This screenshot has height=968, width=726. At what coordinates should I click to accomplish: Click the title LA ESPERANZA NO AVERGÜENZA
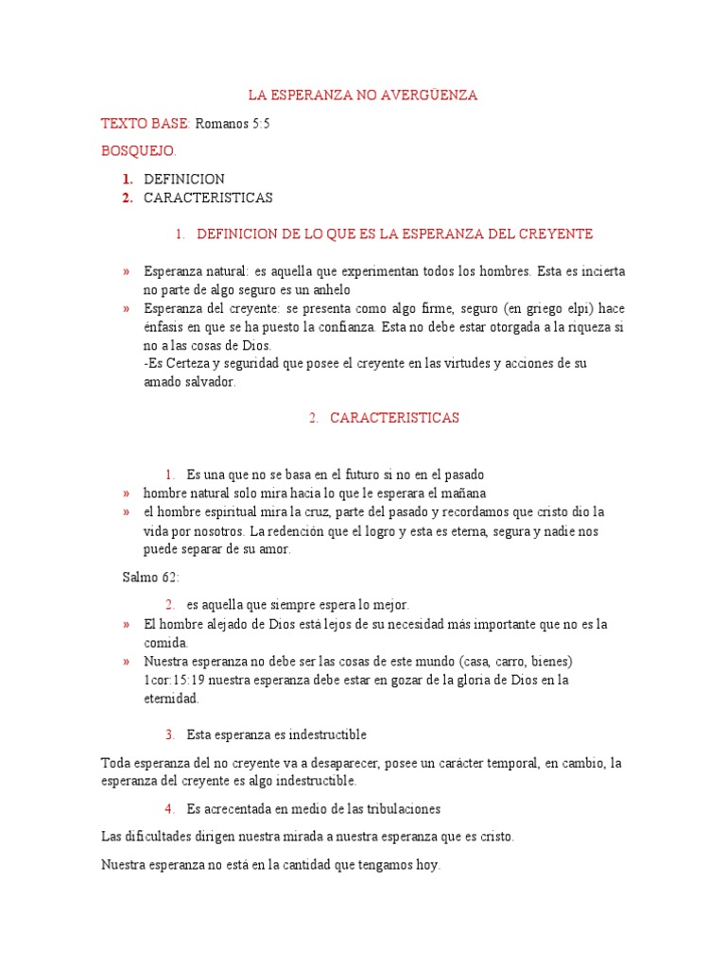pyautogui.click(x=363, y=95)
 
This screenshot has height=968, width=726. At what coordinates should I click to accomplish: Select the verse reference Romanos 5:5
pyautogui.click(x=233, y=123)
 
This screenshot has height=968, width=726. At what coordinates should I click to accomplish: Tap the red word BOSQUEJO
pyautogui.click(x=139, y=150)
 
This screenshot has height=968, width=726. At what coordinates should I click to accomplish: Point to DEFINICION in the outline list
pyautogui.click(x=184, y=179)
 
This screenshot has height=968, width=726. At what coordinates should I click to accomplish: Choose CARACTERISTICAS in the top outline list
pyautogui.click(x=208, y=198)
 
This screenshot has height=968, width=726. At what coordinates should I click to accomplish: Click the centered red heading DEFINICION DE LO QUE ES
pyautogui.click(x=394, y=233)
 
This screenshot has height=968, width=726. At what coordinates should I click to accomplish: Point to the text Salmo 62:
pyautogui.click(x=150, y=577)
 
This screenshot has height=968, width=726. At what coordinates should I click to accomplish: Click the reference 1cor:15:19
pyautogui.click(x=175, y=680)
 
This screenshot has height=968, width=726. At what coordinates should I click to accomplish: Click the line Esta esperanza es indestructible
pyautogui.click(x=276, y=735)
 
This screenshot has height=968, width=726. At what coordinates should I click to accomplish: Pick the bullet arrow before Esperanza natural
pyautogui.click(x=126, y=271)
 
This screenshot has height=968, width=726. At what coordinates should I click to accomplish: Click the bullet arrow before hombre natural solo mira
pyautogui.click(x=126, y=493)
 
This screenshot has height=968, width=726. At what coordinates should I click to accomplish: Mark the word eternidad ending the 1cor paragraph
pyautogui.click(x=171, y=699)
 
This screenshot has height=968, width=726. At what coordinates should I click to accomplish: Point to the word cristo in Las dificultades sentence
pyautogui.click(x=494, y=837)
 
